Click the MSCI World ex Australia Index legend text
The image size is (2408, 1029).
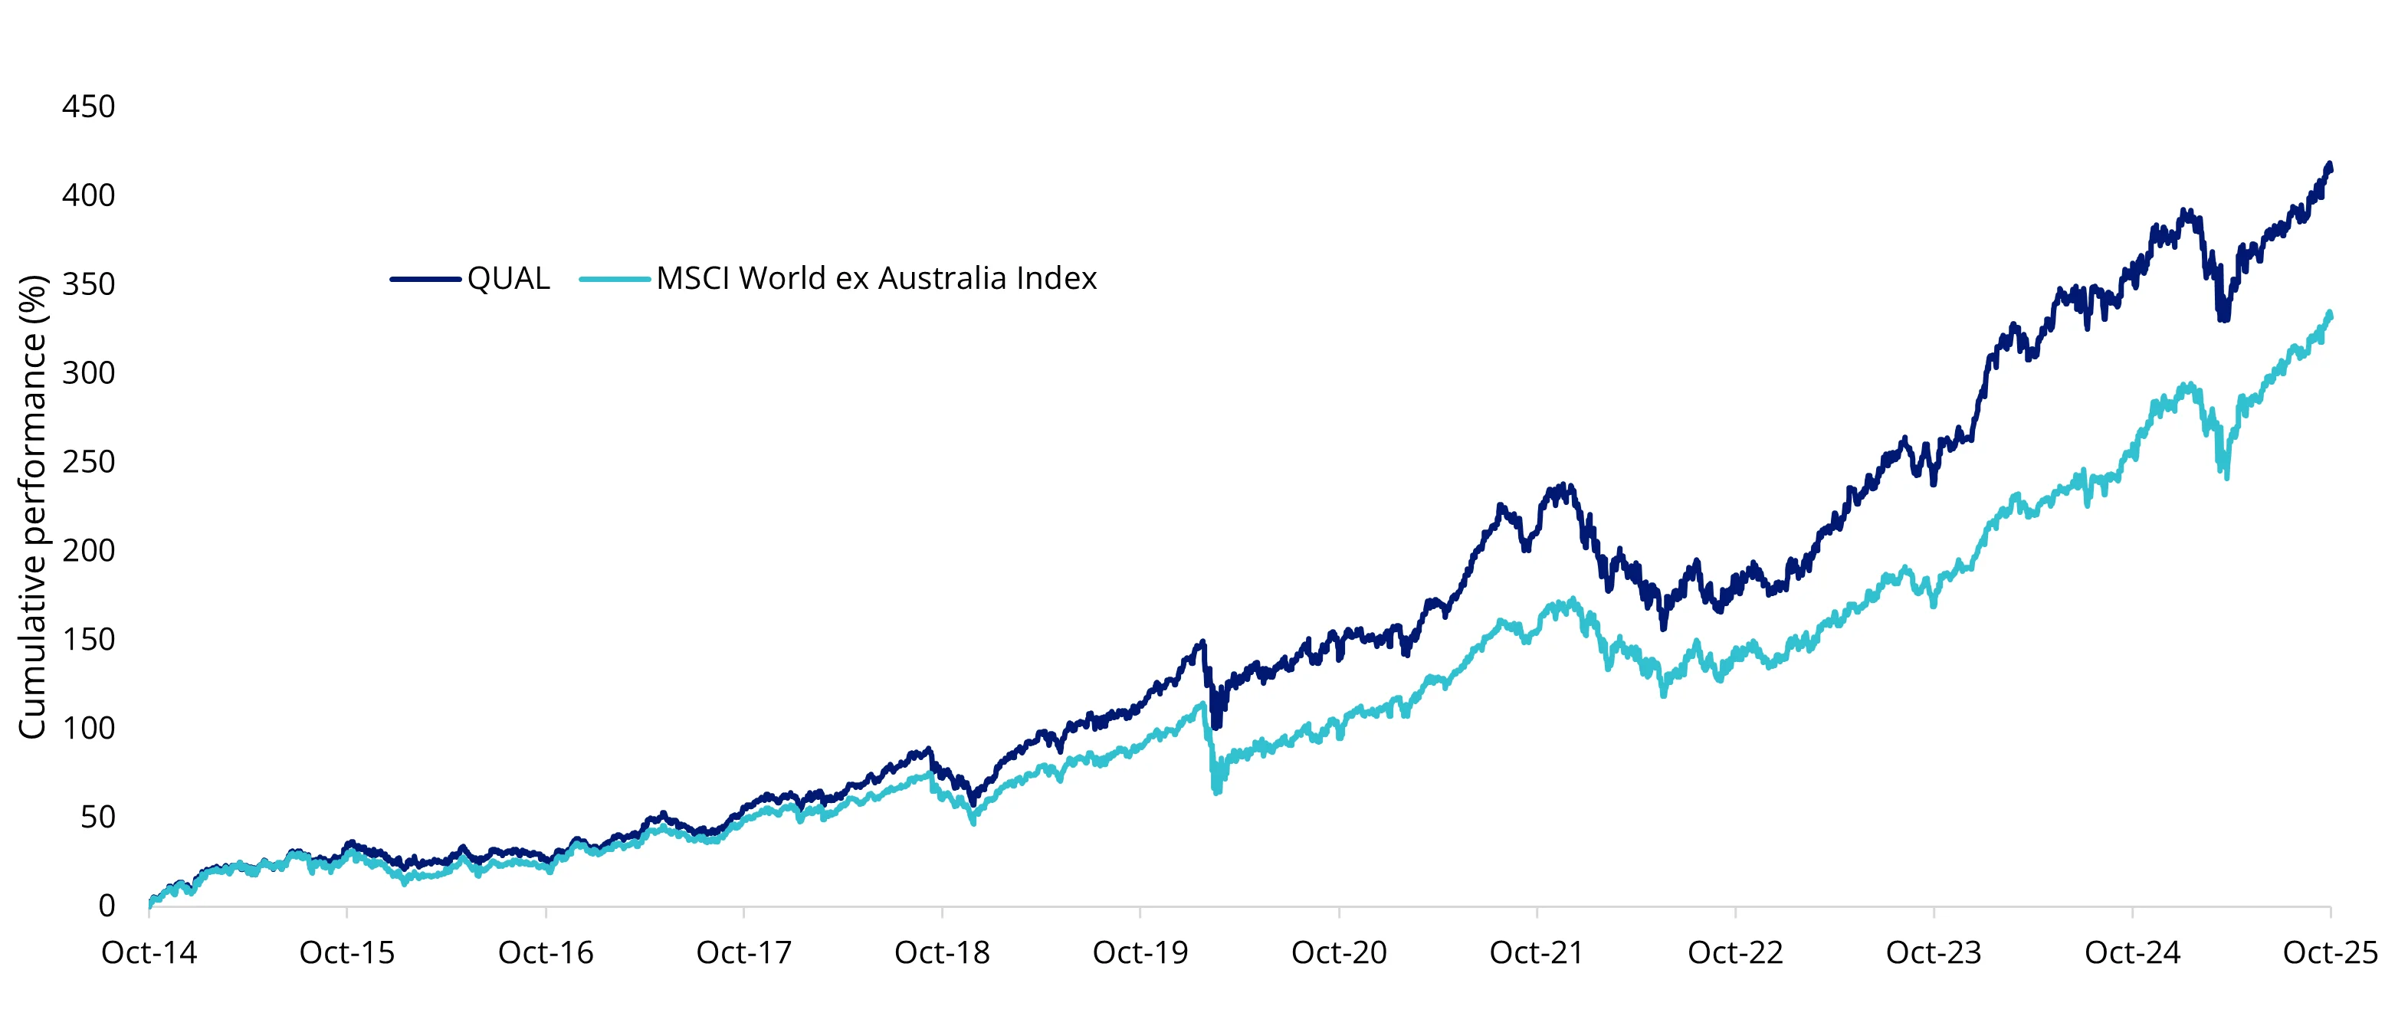(x=876, y=279)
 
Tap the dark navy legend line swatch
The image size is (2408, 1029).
(x=425, y=279)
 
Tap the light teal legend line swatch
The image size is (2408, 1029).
(x=614, y=279)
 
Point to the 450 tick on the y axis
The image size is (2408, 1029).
(x=89, y=107)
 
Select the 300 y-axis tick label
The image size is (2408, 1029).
(x=89, y=373)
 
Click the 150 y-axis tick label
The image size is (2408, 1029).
(x=89, y=639)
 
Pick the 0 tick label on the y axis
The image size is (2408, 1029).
(x=107, y=906)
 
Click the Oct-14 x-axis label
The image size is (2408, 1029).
(x=149, y=952)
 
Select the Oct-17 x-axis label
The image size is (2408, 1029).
(x=744, y=952)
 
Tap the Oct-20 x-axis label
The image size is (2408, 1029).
(x=1339, y=952)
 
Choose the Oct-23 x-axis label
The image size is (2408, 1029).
(x=1933, y=952)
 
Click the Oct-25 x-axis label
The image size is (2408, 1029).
(x=2330, y=952)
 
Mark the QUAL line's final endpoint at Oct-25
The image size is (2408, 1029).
(x=2330, y=167)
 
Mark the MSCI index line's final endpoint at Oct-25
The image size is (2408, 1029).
(x=2330, y=315)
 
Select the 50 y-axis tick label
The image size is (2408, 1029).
(x=97, y=817)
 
